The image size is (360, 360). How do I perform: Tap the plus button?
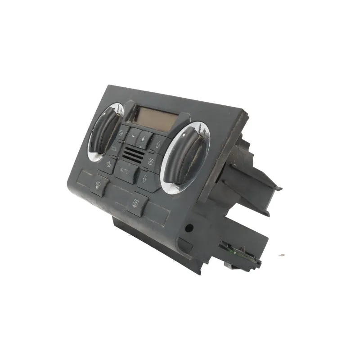click(x=144, y=139)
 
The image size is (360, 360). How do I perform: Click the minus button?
click(x=133, y=135)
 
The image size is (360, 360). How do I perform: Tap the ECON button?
click(x=114, y=148)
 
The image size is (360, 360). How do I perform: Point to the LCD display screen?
click(x=153, y=119)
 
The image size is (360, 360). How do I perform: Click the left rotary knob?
click(x=104, y=130)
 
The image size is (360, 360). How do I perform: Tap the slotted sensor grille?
click(x=134, y=155)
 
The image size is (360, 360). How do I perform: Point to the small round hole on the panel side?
click(x=189, y=228)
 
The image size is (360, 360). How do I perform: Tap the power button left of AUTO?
click(x=108, y=164)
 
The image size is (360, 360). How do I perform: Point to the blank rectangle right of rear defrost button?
click(x=157, y=213)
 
